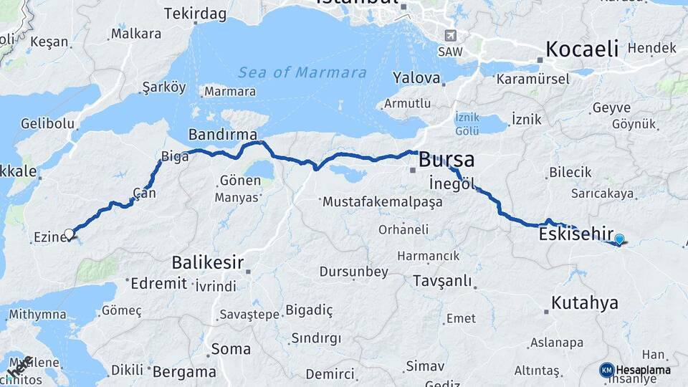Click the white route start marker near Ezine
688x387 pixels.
click(x=70, y=234)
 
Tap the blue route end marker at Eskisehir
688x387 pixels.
click(x=619, y=240)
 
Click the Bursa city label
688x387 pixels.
click(x=446, y=158)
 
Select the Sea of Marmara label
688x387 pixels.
click(x=302, y=72)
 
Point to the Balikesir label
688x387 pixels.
click(x=208, y=262)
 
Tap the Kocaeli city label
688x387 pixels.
click(x=582, y=49)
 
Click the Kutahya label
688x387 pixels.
click(x=585, y=302)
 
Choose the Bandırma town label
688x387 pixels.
click(x=217, y=135)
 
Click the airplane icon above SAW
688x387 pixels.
click(x=450, y=35)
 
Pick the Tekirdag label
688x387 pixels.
click(x=195, y=14)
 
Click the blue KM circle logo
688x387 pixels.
click(x=607, y=370)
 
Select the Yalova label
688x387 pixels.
click(x=416, y=77)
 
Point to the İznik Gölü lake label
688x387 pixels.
click(x=467, y=124)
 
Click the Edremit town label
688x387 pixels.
click(x=158, y=283)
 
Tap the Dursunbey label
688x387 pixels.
click(x=353, y=272)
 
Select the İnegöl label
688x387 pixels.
click(x=451, y=183)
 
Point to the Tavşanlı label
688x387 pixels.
click(x=442, y=281)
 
